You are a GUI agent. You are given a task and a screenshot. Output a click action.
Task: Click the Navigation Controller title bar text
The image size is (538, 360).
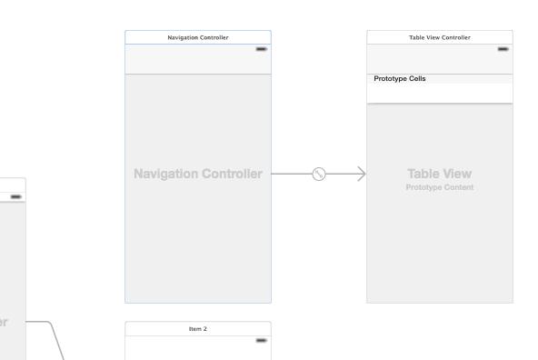coord(198,37)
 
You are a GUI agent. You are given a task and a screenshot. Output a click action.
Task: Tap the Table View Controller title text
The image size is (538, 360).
coord(440,37)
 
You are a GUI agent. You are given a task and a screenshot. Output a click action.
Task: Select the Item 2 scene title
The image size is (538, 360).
coord(198,329)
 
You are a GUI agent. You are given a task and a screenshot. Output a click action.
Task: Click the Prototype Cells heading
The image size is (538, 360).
coord(400,78)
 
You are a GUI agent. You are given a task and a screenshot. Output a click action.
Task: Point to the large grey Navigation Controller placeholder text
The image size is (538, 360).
coord(198,174)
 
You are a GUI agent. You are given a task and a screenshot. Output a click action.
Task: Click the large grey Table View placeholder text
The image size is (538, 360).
coord(440,174)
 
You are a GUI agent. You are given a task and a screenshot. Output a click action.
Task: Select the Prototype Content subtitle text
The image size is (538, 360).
coord(440,187)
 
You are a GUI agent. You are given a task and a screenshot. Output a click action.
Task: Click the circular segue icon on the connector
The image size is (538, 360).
coord(319,174)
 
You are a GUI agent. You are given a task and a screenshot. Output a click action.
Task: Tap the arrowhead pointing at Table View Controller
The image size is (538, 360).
coord(362,174)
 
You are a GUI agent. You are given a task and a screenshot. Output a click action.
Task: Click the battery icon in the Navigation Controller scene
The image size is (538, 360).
coord(261,49)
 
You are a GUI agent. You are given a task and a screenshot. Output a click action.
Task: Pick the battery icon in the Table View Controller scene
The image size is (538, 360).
coord(503,49)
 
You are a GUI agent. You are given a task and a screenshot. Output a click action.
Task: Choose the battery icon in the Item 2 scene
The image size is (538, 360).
coord(261,340)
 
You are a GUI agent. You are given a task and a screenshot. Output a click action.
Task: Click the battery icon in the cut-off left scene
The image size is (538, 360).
coord(15,196)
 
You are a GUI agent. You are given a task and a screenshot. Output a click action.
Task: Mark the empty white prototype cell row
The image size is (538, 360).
coord(440,93)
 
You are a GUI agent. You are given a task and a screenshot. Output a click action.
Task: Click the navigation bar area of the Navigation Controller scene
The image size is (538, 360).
coord(198,59)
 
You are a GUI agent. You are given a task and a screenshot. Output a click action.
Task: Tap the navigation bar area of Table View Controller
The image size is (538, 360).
coord(440,59)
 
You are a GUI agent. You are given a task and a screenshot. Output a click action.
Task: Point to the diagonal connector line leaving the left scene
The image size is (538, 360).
coord(57,341)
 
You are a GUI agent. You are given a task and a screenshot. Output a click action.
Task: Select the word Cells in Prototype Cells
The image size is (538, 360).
coord(417,78)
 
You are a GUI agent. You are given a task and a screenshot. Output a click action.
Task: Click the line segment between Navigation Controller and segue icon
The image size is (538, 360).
coord(292,174)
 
